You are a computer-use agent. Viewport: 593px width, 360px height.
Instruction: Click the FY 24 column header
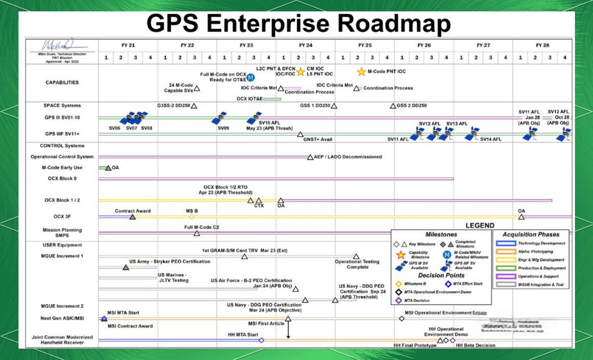pyautogui.click(x=305, y=45)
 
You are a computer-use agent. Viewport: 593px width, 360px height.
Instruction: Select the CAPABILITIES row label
pyautogui.click(x=62, y=83)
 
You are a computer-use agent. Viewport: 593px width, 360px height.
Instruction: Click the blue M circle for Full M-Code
pyautogui.click(x=250, y=77)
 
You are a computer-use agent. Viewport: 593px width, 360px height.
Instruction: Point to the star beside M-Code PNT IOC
pyautogui.click(x=361, y=72)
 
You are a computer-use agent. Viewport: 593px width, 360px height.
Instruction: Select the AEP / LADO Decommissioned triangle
pyautogui.click(x=310, y=157)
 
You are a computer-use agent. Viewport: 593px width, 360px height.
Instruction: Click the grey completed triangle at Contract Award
pyautogui.click(x=132, y=217)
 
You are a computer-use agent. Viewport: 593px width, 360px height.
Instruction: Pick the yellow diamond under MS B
pyautogui.click(x=192, y=217)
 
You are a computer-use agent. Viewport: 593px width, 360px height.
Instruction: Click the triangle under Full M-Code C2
pyautogui.click(x=197, y=233)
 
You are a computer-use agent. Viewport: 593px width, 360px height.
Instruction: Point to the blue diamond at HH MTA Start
pyautogui.click(x=261, y=340)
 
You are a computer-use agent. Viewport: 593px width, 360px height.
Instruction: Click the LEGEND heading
pyautogui.click(x=480, y=225)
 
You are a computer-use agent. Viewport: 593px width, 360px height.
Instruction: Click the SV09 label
pyautogui.click(x=224, y=128)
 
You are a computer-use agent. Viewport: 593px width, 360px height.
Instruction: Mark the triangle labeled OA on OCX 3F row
pyautogui.click(x=521, y=217)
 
